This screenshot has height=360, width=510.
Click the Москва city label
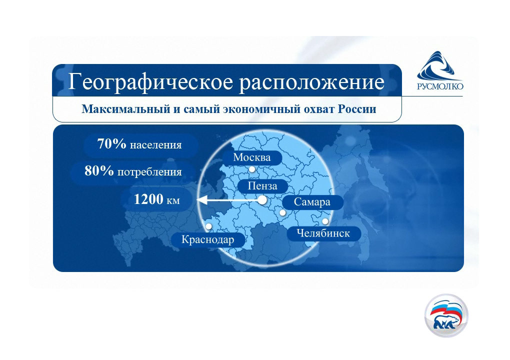click(x=252, y=157)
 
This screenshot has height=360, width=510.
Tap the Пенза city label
click(x=262, y=186)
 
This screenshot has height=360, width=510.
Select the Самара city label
click(x=312, y=202)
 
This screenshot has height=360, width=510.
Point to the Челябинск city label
click(x=323, y=233)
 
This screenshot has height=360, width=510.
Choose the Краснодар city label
click(x=208, y=239)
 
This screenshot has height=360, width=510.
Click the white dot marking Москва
click(x=252, y=169)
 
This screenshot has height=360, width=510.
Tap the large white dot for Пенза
click(x=262, y=200)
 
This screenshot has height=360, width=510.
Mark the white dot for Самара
click(x=282, y=213)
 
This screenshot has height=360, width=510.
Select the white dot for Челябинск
click(x=325, y=221)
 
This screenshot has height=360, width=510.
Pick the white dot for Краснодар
click(x=209, y=226)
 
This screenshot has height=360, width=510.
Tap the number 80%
click(x=99, y=170)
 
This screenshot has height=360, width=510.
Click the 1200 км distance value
click(x=157, y=199)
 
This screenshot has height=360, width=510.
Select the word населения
click(x=156, y=145)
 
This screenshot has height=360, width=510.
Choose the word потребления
click(x=149, y=172)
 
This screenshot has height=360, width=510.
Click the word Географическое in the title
click(x=151, y=81)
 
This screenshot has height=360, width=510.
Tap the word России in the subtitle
click(x=357, y=109)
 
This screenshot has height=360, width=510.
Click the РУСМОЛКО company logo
click(x=440, y=70)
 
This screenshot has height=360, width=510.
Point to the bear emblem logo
click(x=446, y=315)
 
